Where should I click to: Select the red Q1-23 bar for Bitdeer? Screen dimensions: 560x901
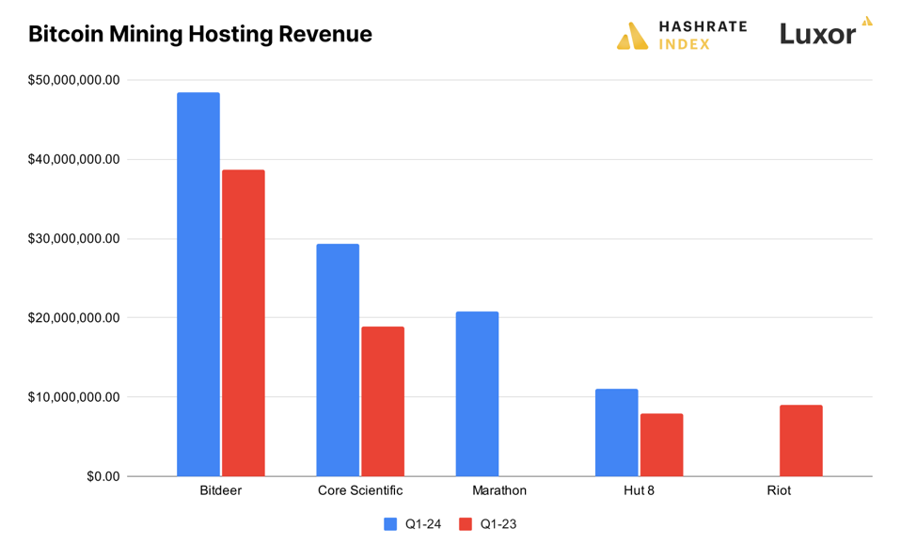tap(244, 323)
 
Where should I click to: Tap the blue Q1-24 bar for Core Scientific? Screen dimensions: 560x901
tap(338, 360)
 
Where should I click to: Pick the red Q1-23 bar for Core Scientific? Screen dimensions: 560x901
tap(383, 401)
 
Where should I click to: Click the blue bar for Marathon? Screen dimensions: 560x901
tap(477, 393)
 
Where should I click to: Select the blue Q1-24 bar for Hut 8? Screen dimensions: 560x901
tap(616, 432)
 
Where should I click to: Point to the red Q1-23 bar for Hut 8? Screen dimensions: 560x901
tap(661, 444)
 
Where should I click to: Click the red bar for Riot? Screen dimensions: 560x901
tap(800, 440)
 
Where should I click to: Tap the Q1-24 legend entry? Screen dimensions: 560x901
tap(413, 524)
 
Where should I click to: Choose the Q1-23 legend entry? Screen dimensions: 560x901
tap(487, 524)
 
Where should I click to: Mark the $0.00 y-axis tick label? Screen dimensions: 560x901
tap(103, 476)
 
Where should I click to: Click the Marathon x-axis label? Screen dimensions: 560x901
tap(499, 490)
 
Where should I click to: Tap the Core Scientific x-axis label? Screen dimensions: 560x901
tap(360, 490)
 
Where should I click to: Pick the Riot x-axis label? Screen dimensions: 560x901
tap(778, 490)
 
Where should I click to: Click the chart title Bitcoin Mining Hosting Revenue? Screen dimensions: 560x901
tap(200, 34)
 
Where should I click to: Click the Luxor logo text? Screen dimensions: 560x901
tap(817, 34)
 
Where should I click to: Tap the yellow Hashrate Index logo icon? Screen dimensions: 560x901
tap(632, 37)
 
